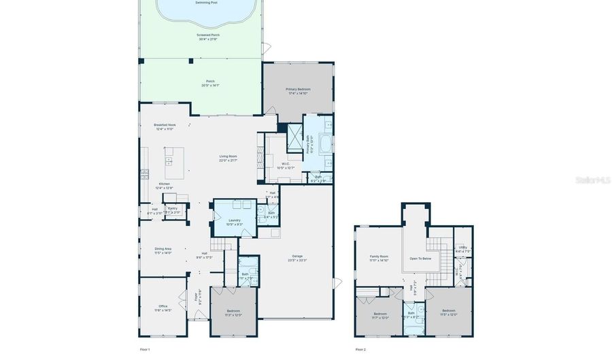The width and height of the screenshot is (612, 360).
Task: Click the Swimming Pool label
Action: pos(206,3)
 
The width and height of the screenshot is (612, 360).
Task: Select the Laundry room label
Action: pos(234,222)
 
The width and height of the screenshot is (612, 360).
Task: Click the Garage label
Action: pos(297,258)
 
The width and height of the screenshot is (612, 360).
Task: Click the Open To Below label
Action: pos(420,259)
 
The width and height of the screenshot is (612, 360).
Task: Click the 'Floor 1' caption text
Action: pos(144,349)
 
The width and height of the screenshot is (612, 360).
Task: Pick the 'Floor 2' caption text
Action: pos(360,349)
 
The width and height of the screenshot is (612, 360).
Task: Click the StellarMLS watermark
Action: pos(592,180)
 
